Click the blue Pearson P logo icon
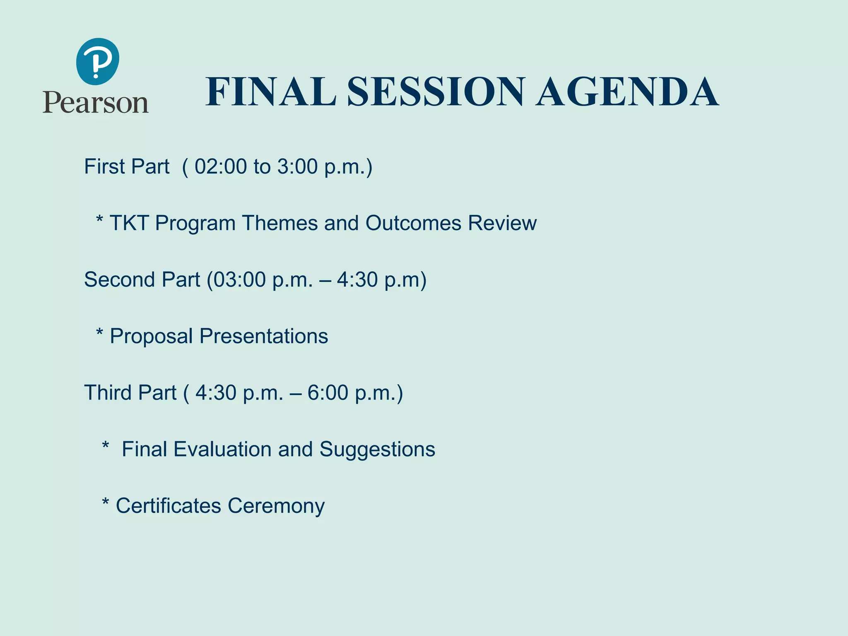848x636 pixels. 98,61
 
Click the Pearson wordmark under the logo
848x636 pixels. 96,103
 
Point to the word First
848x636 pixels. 104,166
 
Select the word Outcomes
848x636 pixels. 413,223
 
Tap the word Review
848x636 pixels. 502,223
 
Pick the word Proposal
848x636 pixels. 151,336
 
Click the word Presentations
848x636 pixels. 264,336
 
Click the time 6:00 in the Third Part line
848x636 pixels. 328,393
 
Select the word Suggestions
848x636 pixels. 377,449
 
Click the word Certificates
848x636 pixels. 168,506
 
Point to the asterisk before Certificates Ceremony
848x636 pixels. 106,502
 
